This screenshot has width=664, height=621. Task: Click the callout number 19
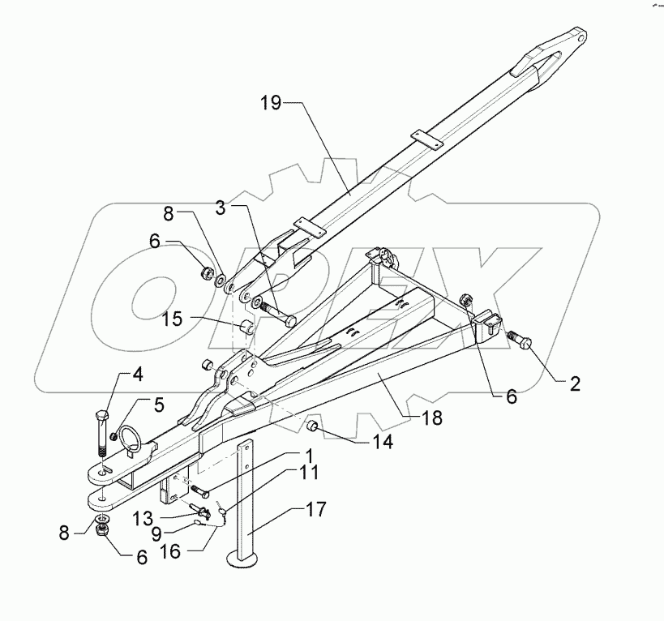click(x=272, y=103)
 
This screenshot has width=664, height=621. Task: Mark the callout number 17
click(x=315, y=510)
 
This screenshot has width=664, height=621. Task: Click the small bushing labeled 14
click(x=311, y=426)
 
